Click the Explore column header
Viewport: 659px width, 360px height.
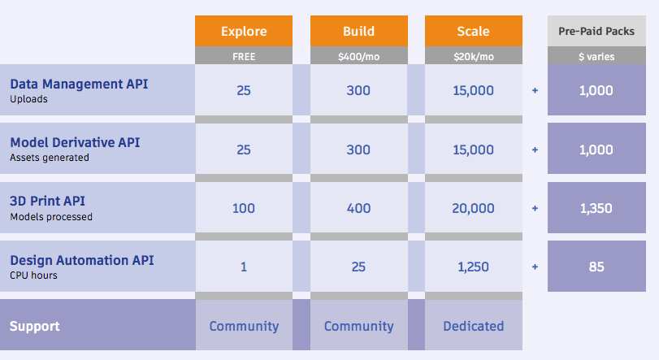[244, 31]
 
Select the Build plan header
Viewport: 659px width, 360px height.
[359, 31]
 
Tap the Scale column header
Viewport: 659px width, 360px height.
[474, 31]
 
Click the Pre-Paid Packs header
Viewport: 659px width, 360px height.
[596, 31]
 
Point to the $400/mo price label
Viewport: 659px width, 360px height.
[359, 56]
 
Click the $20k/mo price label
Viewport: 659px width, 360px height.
[474, 56]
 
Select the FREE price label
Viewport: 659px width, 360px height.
[244, 56]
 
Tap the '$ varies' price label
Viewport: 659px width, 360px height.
[596, 56]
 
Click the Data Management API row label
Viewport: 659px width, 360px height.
[79, 84]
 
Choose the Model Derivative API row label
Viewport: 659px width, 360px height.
[75, 142]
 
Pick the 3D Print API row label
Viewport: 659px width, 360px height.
[47, 201]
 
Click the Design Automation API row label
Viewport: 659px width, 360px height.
[82, 260]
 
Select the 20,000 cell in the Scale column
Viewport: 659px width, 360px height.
[474, 207]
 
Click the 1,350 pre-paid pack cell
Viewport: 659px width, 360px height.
[596, 207]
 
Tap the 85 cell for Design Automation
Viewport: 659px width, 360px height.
[596, 267]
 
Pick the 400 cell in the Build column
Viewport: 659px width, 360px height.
[359, 207]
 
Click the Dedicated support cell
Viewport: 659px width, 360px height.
[474, 325]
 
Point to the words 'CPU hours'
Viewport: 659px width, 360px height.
[33, 275]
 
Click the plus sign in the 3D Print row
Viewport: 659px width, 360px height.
[535, 208]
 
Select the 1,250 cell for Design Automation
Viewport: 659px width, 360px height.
[474, 267]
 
